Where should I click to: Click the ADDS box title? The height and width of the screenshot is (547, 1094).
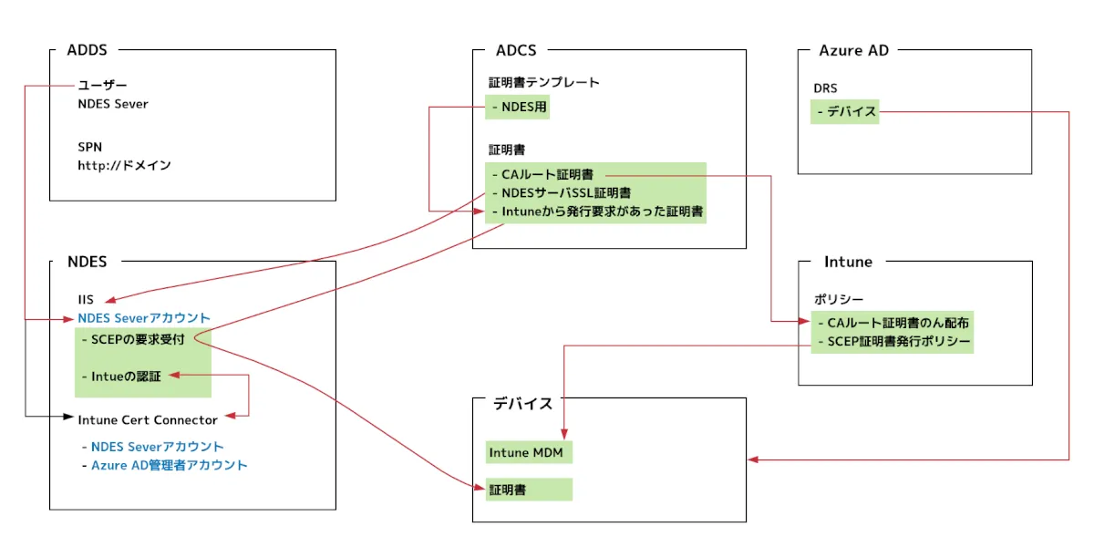(87, 50)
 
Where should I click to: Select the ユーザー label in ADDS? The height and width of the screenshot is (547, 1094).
(102, 86)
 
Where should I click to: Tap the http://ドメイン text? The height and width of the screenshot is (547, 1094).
(124, 166)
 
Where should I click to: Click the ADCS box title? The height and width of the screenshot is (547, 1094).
(516, 50)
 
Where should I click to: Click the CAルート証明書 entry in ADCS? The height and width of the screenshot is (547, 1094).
(547, 174)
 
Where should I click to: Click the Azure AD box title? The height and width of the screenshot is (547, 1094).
(853, 50)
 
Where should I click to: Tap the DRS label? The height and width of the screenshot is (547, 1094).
(826, 88)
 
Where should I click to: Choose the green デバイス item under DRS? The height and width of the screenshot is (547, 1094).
(845, 112)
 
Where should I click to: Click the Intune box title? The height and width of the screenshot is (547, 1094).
(848, 262)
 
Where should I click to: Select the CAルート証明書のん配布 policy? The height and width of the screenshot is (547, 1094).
(893, 323)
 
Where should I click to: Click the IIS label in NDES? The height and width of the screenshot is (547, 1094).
(86, 299)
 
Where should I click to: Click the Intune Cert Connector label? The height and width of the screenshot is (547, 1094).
(148, 420)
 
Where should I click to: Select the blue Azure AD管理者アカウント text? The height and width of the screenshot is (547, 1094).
(169, 465)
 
